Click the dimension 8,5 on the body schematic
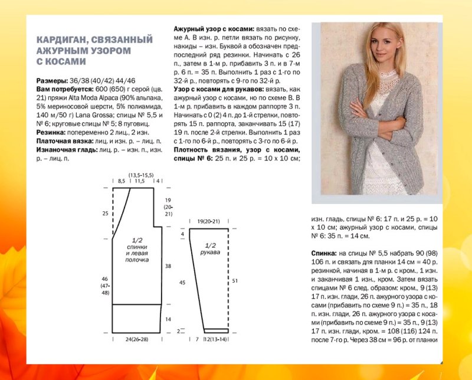coord(122,181)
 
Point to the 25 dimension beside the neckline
coord(105,213)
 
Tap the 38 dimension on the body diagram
coord(168,266)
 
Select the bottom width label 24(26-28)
coord(137,340)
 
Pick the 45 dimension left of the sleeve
coord(182,283)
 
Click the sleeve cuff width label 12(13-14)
coord(216,340)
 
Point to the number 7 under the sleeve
coord(197,340)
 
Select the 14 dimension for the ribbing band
coord(168,319)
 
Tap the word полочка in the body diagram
coord(137,259)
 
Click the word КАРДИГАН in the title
coord(61,40)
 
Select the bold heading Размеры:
coord(53,80)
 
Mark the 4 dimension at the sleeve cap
coord(182,235)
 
